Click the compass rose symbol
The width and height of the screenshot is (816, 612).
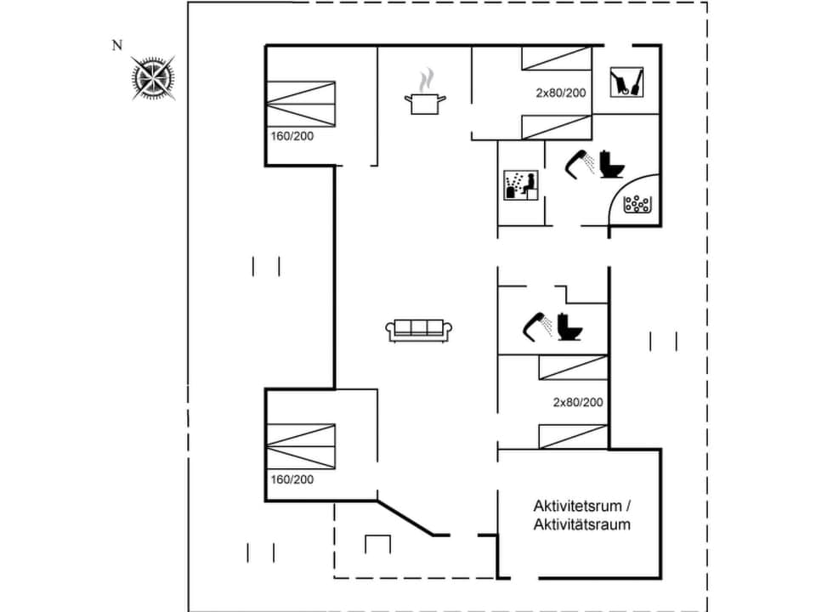[x=154, y=77]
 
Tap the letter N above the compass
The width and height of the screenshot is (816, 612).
[x=117, y=46]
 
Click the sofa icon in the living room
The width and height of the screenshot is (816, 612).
[x=417, y=330]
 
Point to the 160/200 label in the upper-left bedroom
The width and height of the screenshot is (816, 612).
[x=292, y=136]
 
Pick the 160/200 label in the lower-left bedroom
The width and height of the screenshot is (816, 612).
[x=292, y=479]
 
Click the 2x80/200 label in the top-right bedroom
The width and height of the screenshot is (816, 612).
[x=560, y=93]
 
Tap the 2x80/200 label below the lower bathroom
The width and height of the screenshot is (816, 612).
[x=578, y=402]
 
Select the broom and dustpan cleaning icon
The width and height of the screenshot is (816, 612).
[x=626, y=83]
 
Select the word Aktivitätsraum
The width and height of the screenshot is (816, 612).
[x=582, y=524]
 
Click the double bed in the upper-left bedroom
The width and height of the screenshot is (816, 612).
[x=301, y=105]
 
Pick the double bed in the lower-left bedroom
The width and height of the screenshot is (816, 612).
[x=301, y=446]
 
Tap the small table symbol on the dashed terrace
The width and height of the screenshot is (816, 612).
[x=377, y=543]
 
